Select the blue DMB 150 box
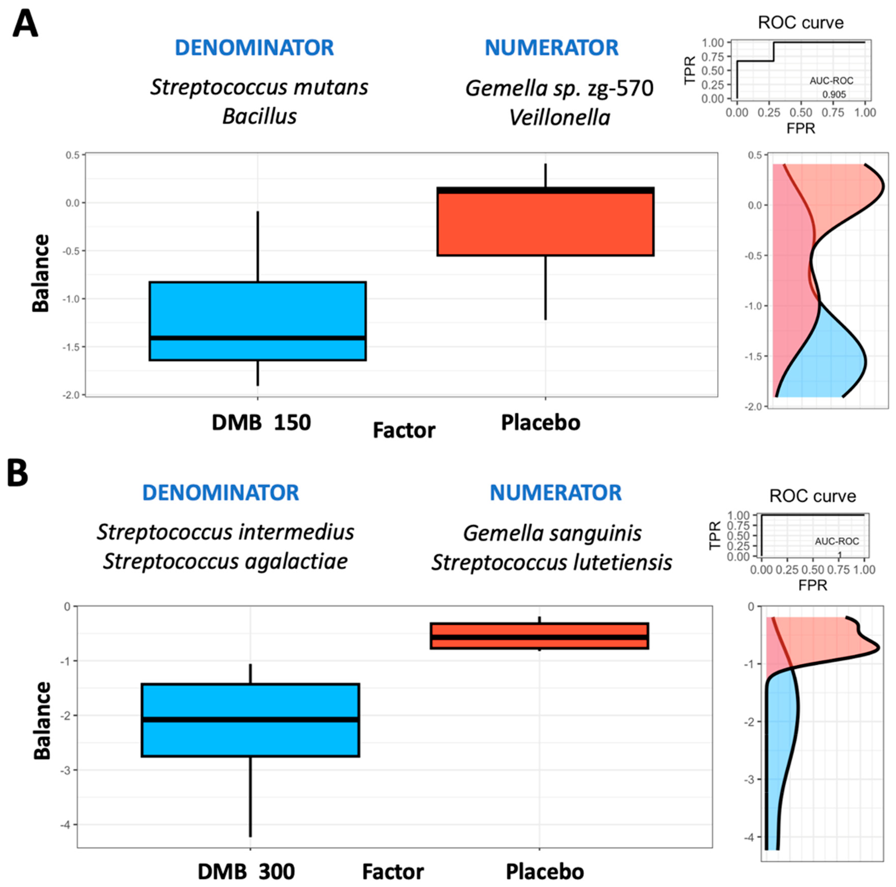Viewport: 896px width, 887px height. coord(257,321)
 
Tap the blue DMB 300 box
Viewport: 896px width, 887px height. coord(250,720)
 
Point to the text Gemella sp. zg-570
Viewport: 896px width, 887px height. coord(559,88)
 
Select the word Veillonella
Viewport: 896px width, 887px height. coord(559,118)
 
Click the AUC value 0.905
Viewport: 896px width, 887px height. coord(834,95)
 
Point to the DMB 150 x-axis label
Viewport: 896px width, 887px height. coord(261,422)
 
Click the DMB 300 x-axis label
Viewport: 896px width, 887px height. coord(246,872)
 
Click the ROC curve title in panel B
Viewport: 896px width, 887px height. coord(812,496)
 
